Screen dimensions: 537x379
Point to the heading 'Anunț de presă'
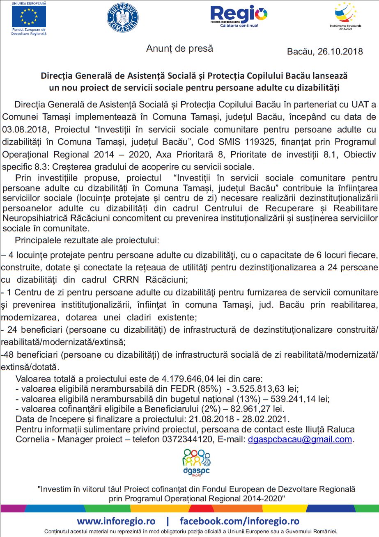tap(180, 48)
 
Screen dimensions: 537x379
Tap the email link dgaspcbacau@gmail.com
tap(300, 439)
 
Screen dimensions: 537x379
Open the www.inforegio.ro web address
tap(116, 521)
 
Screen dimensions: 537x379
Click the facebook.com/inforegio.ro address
tap(240, 521)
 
